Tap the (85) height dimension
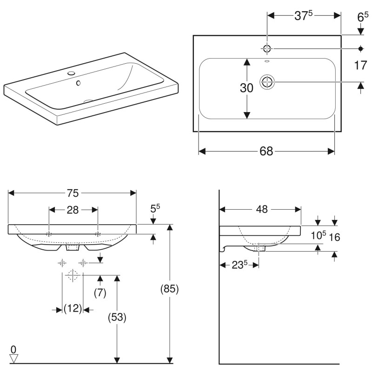pyautogui.click(x=170, y=289)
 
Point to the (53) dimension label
pyautogui.click(x=117, y=318)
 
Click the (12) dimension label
pyautogui.click(x=73, y=308)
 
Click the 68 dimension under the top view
pyautogui.click(x=266, y=151)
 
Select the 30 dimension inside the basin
pyautogui.click(x=246, y=87)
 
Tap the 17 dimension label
pyautogui.click(x=360, y=65)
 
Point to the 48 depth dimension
pyautogui.click(x=261, y=209)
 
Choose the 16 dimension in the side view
pyautogui.click(x=334, y=237)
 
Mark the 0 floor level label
pyautogui.click(x=13, y=349)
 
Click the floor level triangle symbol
pyautogui.click(x=13, y=358)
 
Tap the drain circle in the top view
pyautogui.click(x=267, y=82)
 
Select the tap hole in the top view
pyautogui.click(x=267, y=48)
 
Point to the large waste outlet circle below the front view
pyautogui.click(x=72, y=275)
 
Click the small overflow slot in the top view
pyautogui.click(x=267, y=61)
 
